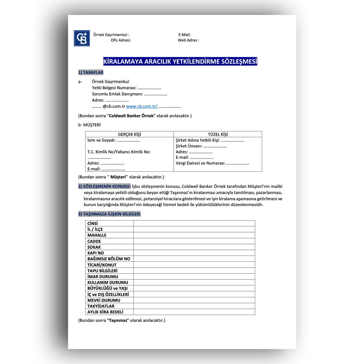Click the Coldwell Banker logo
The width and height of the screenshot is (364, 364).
click(82, 38)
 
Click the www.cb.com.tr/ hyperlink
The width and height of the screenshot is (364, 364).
click(142, 107)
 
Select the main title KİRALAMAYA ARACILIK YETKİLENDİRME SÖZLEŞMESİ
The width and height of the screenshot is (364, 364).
click(180, 62)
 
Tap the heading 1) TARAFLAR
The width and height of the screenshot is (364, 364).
click(91, 72)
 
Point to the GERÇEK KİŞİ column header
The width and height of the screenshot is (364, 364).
click(129, 134)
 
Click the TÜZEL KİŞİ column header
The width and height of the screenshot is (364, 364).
click(218, 134)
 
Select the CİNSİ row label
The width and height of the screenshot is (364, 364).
click(92, 223)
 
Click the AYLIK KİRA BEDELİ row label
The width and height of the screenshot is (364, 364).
click(105, 312)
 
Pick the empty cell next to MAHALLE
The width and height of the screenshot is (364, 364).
click(194, 235)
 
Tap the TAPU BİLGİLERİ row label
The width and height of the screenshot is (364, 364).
click(102, 271)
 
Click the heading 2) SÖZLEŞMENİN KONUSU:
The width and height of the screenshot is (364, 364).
click(104, 187)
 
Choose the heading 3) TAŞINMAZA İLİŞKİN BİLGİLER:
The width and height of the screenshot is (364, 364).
click(109, 214)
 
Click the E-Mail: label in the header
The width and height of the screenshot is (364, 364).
click(185, 35)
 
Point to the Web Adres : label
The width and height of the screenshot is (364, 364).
click(188, 40)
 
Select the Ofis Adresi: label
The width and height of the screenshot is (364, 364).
click(121, 40)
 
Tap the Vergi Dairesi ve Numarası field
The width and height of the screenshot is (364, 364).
click(212, 163)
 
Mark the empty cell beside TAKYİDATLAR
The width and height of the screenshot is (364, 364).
click(194, 306)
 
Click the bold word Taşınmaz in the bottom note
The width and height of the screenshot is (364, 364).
click(118, 321)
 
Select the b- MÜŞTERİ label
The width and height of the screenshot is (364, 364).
click(90, 125)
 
